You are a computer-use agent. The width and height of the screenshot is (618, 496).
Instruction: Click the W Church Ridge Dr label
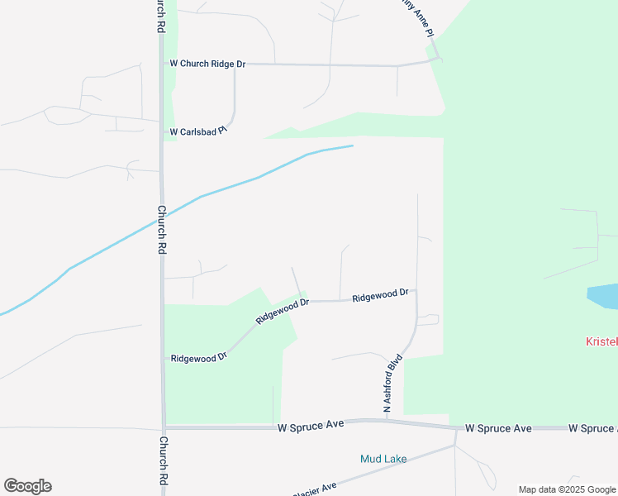coord(207,64)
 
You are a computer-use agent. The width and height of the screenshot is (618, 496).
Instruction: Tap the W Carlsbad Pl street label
coord(198,131)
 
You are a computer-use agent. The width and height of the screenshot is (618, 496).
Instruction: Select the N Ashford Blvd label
coord(392,384)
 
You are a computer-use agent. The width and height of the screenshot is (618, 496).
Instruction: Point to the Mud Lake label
coord(383,459)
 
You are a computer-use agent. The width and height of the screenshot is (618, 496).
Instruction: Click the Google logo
coord(27,486)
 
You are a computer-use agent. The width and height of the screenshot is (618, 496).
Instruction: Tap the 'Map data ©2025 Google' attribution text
coord(567,489)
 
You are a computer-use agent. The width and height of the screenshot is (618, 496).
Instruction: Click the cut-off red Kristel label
coord(601,341)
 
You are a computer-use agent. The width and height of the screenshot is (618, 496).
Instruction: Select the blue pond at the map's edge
coord(604,296)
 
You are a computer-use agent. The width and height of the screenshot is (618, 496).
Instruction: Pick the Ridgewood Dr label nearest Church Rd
coord(198,358)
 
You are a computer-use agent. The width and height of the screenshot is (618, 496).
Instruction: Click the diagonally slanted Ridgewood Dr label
coord(282,311)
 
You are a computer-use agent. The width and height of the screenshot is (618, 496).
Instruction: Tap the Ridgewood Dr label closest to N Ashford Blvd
coord(380,295)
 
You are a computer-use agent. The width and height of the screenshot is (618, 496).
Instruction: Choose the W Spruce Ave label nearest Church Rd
coord(310,427)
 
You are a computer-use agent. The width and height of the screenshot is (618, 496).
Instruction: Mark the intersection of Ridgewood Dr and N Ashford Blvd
coord(416,291)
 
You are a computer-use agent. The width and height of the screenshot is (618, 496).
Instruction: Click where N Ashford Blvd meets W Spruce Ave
coord(386,420)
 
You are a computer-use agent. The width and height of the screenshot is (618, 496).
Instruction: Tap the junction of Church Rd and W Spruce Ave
coord(163,428)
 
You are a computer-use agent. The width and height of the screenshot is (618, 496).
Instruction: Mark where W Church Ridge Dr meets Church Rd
coord(162,64)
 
